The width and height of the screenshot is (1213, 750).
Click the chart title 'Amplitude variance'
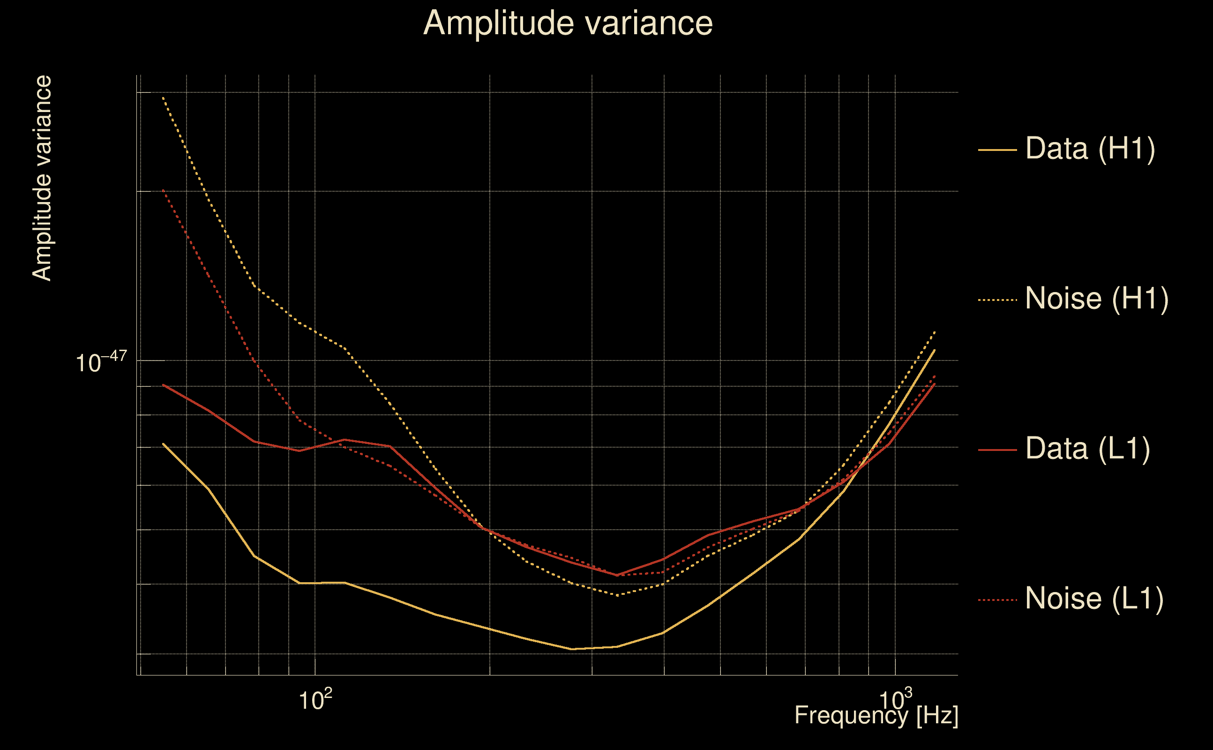[568, 23]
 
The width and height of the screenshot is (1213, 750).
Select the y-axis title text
[42, 179]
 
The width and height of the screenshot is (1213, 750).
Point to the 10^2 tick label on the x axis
[315, 699]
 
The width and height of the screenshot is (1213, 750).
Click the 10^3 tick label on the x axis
[896, 699]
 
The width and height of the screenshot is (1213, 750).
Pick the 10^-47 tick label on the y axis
[101, 361]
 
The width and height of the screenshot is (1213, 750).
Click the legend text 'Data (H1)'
[1091, 149]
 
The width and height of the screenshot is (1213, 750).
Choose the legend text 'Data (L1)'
[1087, 450]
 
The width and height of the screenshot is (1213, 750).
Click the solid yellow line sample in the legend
[997, 150]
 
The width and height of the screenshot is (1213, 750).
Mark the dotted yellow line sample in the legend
[997, 300]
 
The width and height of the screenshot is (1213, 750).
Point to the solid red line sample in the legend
[997, 450]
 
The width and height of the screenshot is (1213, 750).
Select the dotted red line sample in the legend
[997, 600]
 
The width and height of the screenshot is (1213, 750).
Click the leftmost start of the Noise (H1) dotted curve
[163, 97]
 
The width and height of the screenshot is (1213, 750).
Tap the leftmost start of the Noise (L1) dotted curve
[163, 190]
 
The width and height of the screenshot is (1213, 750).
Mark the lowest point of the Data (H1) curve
[572, 649]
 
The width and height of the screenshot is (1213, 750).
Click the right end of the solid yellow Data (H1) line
[935, 350]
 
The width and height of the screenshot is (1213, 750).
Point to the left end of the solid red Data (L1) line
[163, 385]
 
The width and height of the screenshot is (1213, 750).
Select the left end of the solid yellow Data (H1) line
[163, 444]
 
